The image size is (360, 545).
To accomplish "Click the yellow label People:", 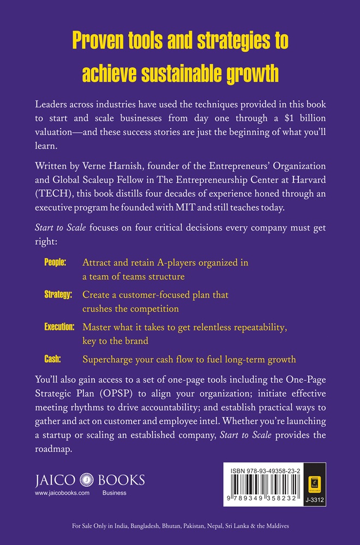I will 55,262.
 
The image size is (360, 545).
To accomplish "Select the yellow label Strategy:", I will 58,295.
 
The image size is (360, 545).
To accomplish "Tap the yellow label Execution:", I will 58,327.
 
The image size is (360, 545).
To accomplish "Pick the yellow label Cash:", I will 52,359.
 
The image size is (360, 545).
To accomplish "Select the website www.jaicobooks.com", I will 62,493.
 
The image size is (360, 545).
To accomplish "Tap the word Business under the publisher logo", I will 115,493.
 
